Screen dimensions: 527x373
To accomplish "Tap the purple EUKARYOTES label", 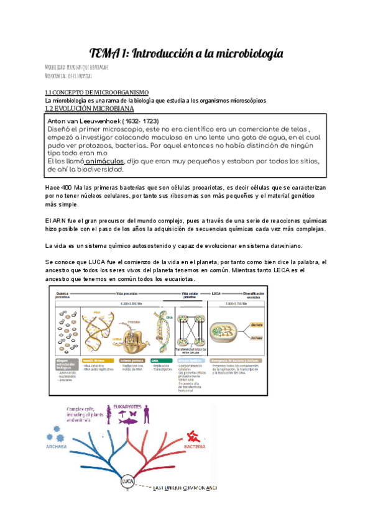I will [x=132, y=408].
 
